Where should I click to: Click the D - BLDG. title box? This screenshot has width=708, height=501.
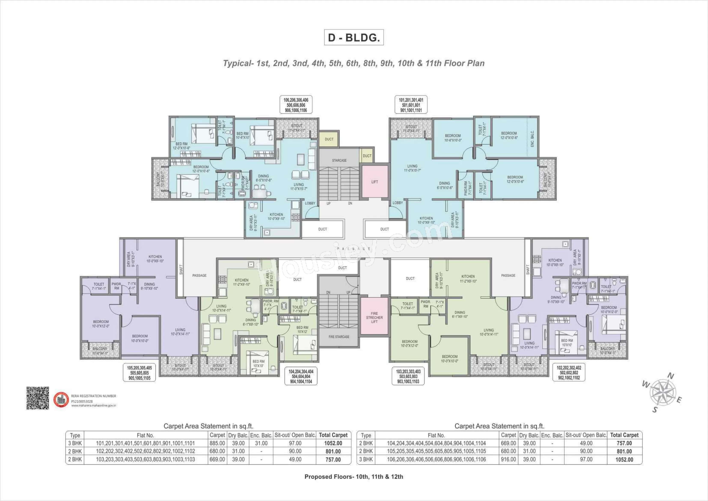coord(354,37)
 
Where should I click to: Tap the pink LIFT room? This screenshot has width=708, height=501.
coord(374,182)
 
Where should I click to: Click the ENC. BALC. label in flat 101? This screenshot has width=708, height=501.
coord(532,139)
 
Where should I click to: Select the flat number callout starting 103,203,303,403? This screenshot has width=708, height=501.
coord(408,376)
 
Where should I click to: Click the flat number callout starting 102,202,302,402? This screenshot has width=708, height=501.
coord(569,373)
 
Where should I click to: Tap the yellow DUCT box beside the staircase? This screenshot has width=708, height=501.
coord(329,139)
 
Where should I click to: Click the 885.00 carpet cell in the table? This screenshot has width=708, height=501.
coord(217,443)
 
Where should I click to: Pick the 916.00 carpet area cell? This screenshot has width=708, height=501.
coord(508,459)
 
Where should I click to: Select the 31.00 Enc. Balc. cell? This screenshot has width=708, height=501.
coord(261,443)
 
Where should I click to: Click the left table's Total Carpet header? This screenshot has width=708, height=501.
coord(333,435)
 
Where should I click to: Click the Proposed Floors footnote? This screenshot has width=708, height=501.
coord(354,477)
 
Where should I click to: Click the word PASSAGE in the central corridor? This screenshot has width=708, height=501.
coord(354,249)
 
